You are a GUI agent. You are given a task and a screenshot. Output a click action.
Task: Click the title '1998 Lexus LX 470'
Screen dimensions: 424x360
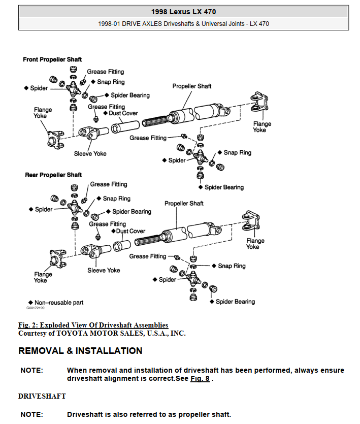[183, 12]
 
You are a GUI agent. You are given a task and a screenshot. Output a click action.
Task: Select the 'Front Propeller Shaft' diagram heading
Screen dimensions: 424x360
[52, 60]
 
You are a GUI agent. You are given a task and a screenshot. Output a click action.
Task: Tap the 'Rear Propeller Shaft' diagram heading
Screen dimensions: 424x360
[53, 175]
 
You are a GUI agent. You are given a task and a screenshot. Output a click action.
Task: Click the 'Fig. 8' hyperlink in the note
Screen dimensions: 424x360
[200, 379]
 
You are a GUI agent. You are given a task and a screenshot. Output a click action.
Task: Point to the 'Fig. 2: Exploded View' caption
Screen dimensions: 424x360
[93, 325]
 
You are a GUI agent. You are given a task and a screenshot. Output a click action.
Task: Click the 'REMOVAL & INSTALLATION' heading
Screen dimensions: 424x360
[80, 351]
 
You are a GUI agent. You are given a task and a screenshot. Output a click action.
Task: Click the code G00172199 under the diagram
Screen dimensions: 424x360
[36, 308]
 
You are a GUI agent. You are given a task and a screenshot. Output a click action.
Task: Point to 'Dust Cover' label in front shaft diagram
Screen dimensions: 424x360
[123, 113]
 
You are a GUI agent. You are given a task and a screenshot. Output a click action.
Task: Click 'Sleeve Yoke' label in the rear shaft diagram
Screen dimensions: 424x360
[104, 271]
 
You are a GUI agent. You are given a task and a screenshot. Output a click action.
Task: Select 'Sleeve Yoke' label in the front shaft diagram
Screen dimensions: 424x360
[90, 154]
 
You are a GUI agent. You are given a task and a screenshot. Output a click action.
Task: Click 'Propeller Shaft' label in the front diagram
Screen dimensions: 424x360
[192, 86]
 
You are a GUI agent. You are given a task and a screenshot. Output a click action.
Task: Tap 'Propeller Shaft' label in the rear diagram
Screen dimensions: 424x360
[184, 204]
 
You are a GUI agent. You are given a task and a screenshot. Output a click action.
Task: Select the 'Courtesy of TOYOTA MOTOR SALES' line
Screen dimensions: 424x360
[102, 334]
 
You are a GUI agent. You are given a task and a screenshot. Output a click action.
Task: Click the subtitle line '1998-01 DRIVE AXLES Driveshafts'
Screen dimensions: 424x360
[183, 24]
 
